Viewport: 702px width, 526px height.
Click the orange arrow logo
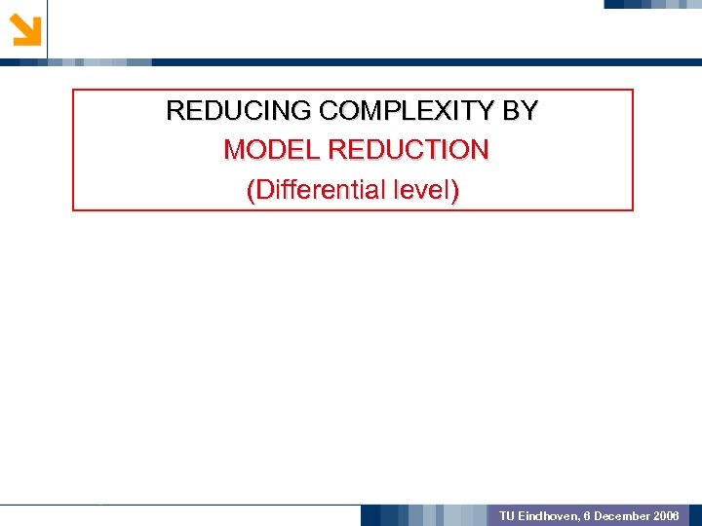(x=25, y=29)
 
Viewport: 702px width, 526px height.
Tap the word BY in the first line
(x=520, y=111)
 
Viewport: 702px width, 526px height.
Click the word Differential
(x=319, y=189)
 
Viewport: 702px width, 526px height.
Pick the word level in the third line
(x=421, y=189)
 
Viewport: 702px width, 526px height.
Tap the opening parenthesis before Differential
(x=252, y=190)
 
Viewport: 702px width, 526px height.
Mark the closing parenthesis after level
(x=454, y=190)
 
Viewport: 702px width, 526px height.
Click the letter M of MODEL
(x=235, y=150)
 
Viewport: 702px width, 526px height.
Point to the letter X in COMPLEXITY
(x=442, y=111)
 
